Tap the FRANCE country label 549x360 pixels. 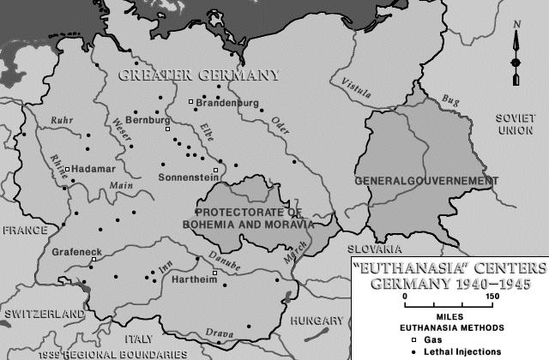pyautogui.click(x=25, y=231)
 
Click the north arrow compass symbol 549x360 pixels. pyautogui.click(x=516, y=53)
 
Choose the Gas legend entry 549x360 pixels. pyautogui.click(x=431, y=339)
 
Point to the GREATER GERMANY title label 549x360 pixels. pyautogui.click(x=198, y=75)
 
